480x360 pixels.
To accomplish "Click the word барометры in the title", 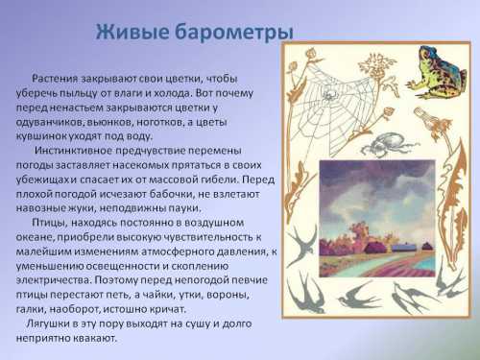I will [x=231, y=34].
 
